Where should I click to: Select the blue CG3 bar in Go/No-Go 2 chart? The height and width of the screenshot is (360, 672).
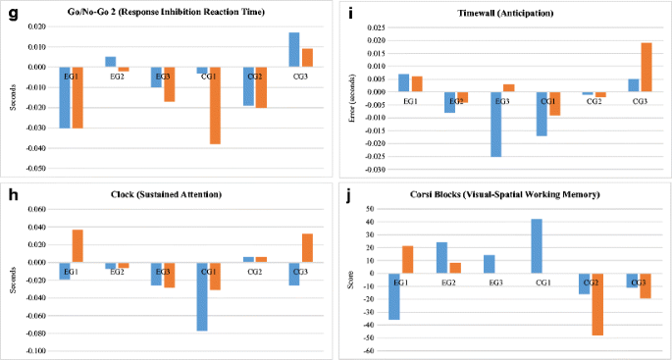[x=294, y=50]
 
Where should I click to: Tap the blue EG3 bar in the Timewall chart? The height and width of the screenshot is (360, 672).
[x=496, y=125]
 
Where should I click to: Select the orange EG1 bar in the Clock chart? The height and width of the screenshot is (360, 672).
[x=78, y=246]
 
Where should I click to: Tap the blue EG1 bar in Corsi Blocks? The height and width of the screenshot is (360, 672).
[x=394, y=296]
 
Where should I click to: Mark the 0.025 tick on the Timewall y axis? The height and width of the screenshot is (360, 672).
[x=375, y=28]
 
